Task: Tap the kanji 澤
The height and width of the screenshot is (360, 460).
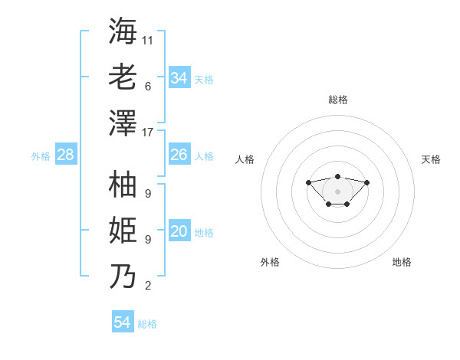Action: (123, 123)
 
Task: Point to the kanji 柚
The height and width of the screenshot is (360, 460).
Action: (123, 185)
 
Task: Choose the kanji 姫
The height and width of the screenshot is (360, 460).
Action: (123, 231)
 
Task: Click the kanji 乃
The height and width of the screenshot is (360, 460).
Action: (123, 276)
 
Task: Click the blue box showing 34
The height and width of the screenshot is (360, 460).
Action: (179, 77)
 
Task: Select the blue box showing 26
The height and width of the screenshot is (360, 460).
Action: (179, 155)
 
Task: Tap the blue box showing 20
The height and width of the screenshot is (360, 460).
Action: (179, 231)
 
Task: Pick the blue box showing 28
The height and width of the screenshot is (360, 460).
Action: (66, 155)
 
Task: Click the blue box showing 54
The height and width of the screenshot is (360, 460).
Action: (123, 322)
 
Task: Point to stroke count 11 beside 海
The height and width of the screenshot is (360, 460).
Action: (148, 40)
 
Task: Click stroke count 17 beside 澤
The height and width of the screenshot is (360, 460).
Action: (148, 133)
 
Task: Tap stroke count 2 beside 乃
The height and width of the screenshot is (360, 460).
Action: (148, 286)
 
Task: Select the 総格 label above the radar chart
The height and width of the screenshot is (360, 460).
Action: (338, 100)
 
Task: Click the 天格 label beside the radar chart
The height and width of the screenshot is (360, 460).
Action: (431, 159)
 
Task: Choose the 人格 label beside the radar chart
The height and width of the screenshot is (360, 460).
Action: (245, 159)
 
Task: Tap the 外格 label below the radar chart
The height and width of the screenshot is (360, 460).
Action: (270, 262)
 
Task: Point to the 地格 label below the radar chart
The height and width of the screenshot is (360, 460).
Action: (402, 262)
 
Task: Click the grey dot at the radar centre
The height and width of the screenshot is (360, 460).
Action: (337, 191)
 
